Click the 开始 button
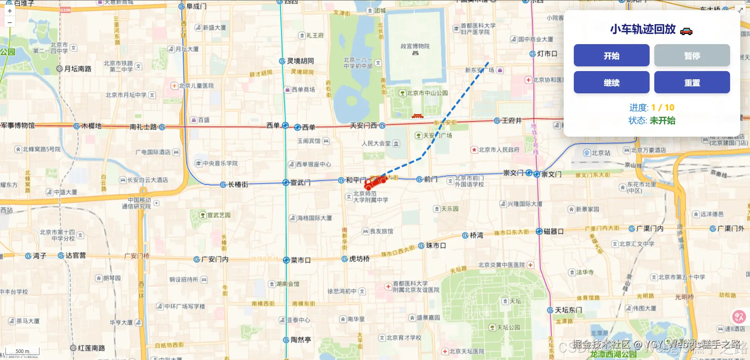(611, 55)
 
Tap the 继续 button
(611, 82)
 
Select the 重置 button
(692, 82)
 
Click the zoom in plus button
(10, 11)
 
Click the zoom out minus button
(10, 22)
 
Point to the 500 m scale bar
(22, 351)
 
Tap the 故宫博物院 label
(415, 46)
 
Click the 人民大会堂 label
(376, 143)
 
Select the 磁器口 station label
(553, 232)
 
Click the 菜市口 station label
(300, 260)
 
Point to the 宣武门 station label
(300, 183)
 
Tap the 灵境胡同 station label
(300, 61)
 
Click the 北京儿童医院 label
(196, 86)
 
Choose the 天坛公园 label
(508, 328)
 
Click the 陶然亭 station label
(300, 340)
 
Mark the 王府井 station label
(511, 121)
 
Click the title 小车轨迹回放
(643, 29)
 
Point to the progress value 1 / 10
(662, 107)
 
